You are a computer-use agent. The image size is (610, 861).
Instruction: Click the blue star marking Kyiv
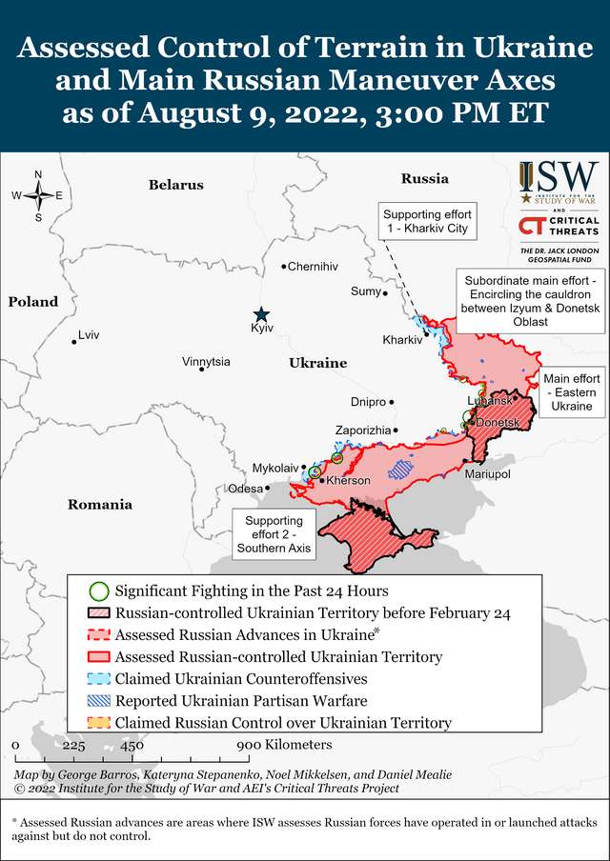coord(261,314)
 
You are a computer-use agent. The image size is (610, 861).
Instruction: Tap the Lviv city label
coord(89,335)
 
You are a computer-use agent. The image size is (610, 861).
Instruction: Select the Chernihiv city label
coord(313,267)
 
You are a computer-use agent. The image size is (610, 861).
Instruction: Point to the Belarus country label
coord(176,185)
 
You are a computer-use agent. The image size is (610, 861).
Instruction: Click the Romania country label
coord(100,505)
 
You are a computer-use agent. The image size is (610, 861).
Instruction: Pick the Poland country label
coord(33,302)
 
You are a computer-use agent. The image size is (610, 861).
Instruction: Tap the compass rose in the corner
coord(38,195)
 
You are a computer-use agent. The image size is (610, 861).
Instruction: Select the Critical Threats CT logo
coord(531,226)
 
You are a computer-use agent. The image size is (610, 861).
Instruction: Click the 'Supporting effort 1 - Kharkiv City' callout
coord(427,221)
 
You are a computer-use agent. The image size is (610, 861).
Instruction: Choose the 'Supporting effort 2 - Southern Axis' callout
coord(274,534)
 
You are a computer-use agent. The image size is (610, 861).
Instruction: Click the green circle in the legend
coord(99,591)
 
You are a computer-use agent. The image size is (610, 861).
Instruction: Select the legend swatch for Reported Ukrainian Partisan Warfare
coord(99,701)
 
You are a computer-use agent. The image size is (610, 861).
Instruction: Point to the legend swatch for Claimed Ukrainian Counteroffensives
coord(99,679)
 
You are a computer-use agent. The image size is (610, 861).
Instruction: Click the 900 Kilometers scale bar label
coord(284,744)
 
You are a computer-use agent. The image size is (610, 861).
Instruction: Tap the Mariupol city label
coord(487,473)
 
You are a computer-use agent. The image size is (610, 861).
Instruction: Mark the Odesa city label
coord(245,489)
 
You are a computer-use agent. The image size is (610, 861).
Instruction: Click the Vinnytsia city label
coord(206,362)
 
